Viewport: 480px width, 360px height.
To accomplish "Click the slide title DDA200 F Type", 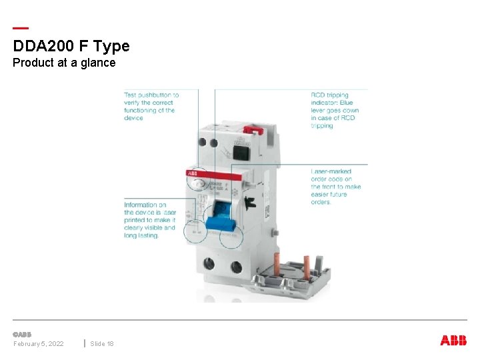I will click(71, 46).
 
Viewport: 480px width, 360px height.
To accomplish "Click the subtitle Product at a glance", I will click(64, 63).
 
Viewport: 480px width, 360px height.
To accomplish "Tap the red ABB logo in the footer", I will click(453, 341).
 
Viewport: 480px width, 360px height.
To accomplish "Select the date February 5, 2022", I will click(39, 343).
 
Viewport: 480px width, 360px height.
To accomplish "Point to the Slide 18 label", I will click(102, 343).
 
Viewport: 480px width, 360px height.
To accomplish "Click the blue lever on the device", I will click(217, 220).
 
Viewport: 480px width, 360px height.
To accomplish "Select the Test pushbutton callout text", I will click(151, 107).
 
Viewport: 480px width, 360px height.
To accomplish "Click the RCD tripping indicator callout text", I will click(335, 110).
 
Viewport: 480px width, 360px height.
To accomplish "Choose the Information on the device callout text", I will click(150, 220).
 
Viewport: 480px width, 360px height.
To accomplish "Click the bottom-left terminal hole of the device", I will click(211, 265).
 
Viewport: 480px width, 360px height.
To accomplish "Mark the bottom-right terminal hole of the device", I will click(236, 267).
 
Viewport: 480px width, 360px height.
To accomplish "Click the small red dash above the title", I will click(21, 28).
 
